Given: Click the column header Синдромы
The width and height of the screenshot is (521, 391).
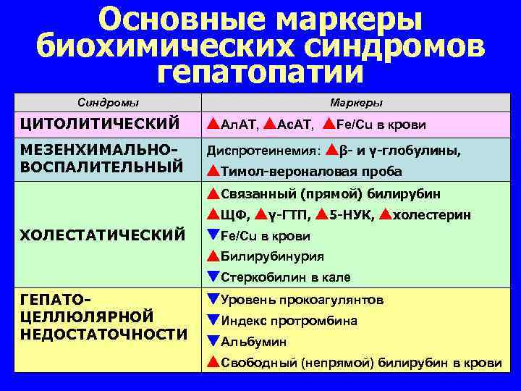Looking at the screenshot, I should tap(108, 103).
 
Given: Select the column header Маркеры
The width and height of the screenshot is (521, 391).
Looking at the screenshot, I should tap(360, 103).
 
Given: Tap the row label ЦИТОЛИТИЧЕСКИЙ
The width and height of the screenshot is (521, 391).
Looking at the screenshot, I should tap(100, 124).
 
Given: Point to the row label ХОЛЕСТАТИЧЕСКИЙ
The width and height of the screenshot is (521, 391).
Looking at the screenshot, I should tap(103, 235).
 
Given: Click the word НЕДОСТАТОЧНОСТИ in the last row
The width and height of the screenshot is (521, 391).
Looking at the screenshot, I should tap(104, 334).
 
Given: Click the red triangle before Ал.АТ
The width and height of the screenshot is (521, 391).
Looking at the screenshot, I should tap(213, 124).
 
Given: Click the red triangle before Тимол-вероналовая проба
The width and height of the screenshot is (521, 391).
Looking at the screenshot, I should tap(213, 171).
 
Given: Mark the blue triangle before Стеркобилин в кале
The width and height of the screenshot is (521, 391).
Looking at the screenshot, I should tap(213, 277).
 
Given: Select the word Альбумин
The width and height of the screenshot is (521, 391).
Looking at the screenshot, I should tap(253, 342).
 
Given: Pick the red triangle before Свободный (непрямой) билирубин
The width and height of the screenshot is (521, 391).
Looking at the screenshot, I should tap(213, 362).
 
